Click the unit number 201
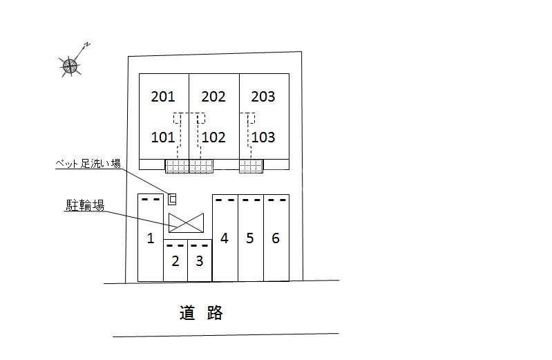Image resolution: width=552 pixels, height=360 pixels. (163, 97)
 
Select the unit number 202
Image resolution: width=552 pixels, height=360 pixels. (213, 97)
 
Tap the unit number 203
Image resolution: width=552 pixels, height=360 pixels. (263, 97)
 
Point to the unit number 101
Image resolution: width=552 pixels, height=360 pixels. (163, 137)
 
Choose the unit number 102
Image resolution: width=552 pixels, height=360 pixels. (213, 137)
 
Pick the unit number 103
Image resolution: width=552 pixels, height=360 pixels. (263, 137)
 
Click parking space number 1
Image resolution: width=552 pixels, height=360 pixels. (150, 239)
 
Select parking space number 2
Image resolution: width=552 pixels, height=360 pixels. (175, 261)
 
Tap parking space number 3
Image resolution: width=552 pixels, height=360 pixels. (199, 261)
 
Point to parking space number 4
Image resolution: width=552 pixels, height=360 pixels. (225, 238)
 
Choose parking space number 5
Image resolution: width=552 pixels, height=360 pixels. (250, 238)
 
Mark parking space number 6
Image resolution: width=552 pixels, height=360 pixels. (276, 238)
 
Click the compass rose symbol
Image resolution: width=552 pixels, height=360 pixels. (70, 66)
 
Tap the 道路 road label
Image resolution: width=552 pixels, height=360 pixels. (201, 313)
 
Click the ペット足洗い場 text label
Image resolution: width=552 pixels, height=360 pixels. (88, 164)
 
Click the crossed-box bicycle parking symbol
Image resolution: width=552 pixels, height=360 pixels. (187, 222)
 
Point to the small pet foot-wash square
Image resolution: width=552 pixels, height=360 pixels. (173, 199)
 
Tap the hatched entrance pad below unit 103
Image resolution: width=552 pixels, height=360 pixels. (251, 166)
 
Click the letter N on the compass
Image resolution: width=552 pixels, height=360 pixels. (88, 45)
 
